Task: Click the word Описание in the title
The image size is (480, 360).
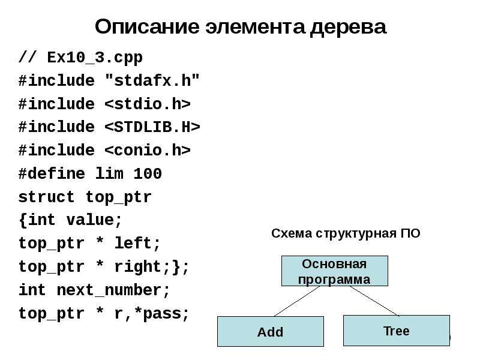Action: click(x=147, y=26)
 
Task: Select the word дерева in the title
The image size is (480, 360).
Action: click(x=349, y=27)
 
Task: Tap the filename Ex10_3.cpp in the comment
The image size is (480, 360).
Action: click(x=95, y=58)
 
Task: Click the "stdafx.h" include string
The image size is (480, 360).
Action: click(x=152, y=80)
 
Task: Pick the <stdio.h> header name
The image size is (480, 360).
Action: click(x=148, y=104)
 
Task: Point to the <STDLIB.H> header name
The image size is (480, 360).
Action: click(x=152, y=127)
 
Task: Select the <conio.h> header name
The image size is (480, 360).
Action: click(x=148, y=151)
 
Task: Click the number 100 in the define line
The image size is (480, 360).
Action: click(x=148, y=173)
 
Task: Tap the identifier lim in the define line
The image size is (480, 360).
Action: click(x=109, y=173)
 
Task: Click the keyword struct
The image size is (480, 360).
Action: click(x=47, y=197)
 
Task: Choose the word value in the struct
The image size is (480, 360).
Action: click(x=90, y=220)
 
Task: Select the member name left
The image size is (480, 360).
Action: click(x=133, y=243)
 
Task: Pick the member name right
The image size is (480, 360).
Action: click(x=138, y=266)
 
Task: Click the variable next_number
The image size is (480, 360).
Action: click(x=109, y=290)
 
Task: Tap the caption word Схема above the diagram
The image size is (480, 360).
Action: click(x=292, y=233)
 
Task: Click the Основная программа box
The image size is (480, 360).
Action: click(x=335, y=271)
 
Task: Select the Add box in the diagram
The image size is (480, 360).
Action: click(x=271, y=332)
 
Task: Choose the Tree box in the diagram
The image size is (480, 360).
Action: click(x=397, y=331)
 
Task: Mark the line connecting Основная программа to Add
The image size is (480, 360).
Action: click(x=297, y=301)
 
